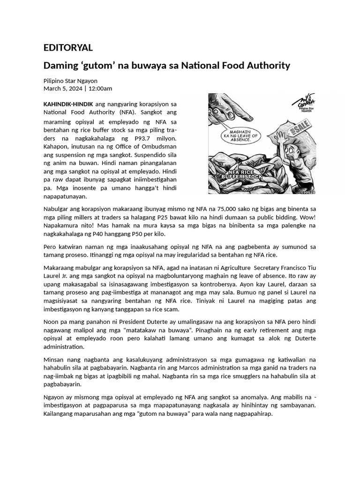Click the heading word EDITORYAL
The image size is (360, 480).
68,48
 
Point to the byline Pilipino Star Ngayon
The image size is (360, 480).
70,81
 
